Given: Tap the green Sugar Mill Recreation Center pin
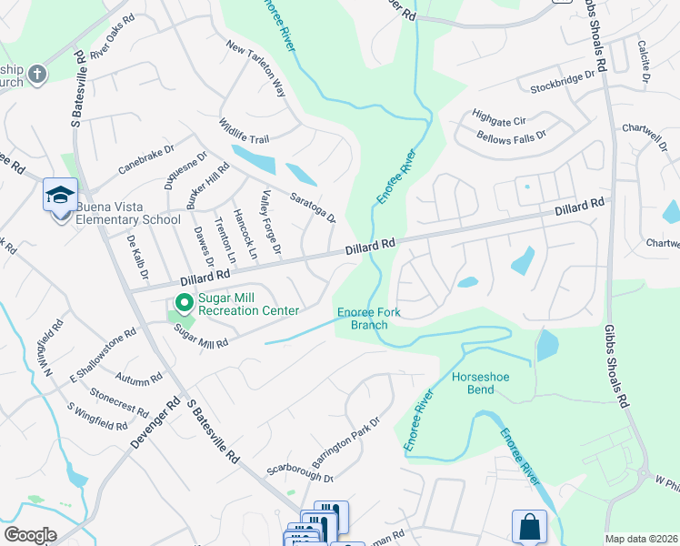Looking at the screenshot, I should pos(184,303).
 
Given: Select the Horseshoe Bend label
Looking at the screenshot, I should pos(474,383).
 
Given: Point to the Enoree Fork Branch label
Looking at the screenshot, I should pos(368,318).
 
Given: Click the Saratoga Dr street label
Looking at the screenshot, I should pos(313,207).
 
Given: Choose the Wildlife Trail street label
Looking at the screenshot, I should pos(244,131).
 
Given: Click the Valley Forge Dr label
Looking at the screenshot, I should pos(272,222).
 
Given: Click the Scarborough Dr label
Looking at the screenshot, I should pos(300,474).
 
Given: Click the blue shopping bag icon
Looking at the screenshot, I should pos(529,526).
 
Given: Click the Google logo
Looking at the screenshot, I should pos(30,535).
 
